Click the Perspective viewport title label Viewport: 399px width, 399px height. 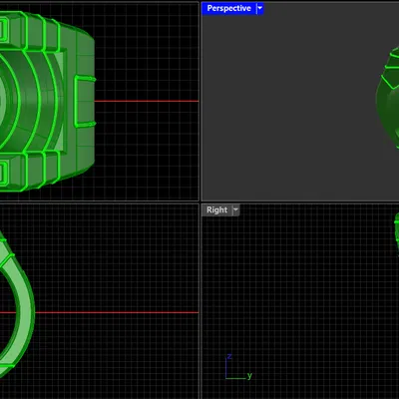coord(228,8)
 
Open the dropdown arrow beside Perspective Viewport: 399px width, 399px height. coord(260,8)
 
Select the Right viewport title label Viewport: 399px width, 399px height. coord(216,209)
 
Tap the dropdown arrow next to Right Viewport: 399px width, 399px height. coord(236,209)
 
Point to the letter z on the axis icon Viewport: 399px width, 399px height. coord(229,356)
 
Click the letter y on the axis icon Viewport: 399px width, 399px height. coord(248,376)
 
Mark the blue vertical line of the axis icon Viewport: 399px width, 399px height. coord(226,368)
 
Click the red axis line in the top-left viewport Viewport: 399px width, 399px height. coord(150,101)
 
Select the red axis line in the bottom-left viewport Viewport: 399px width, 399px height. coord(120,312)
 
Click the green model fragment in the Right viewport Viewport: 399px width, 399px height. coord(396,228)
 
